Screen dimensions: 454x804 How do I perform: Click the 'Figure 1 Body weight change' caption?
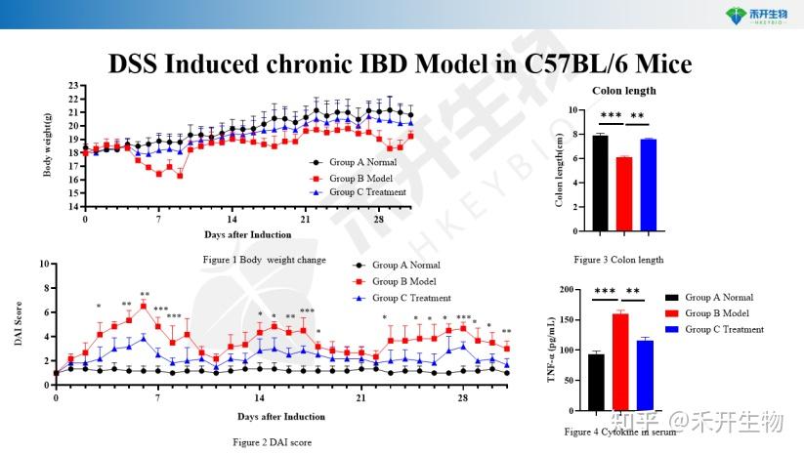(x=264, y=260)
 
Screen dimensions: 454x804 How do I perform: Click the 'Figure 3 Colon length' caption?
(x=618, y=260)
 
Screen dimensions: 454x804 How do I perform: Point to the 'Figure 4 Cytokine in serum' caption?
(x=620, y=431)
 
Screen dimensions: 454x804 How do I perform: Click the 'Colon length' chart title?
(x=623, y=91)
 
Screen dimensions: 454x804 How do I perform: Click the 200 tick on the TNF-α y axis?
(x=571, y=292)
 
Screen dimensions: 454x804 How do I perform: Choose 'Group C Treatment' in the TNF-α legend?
(x=723, y=329)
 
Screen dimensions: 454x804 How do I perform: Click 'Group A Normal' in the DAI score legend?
(x=405, y=265)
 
